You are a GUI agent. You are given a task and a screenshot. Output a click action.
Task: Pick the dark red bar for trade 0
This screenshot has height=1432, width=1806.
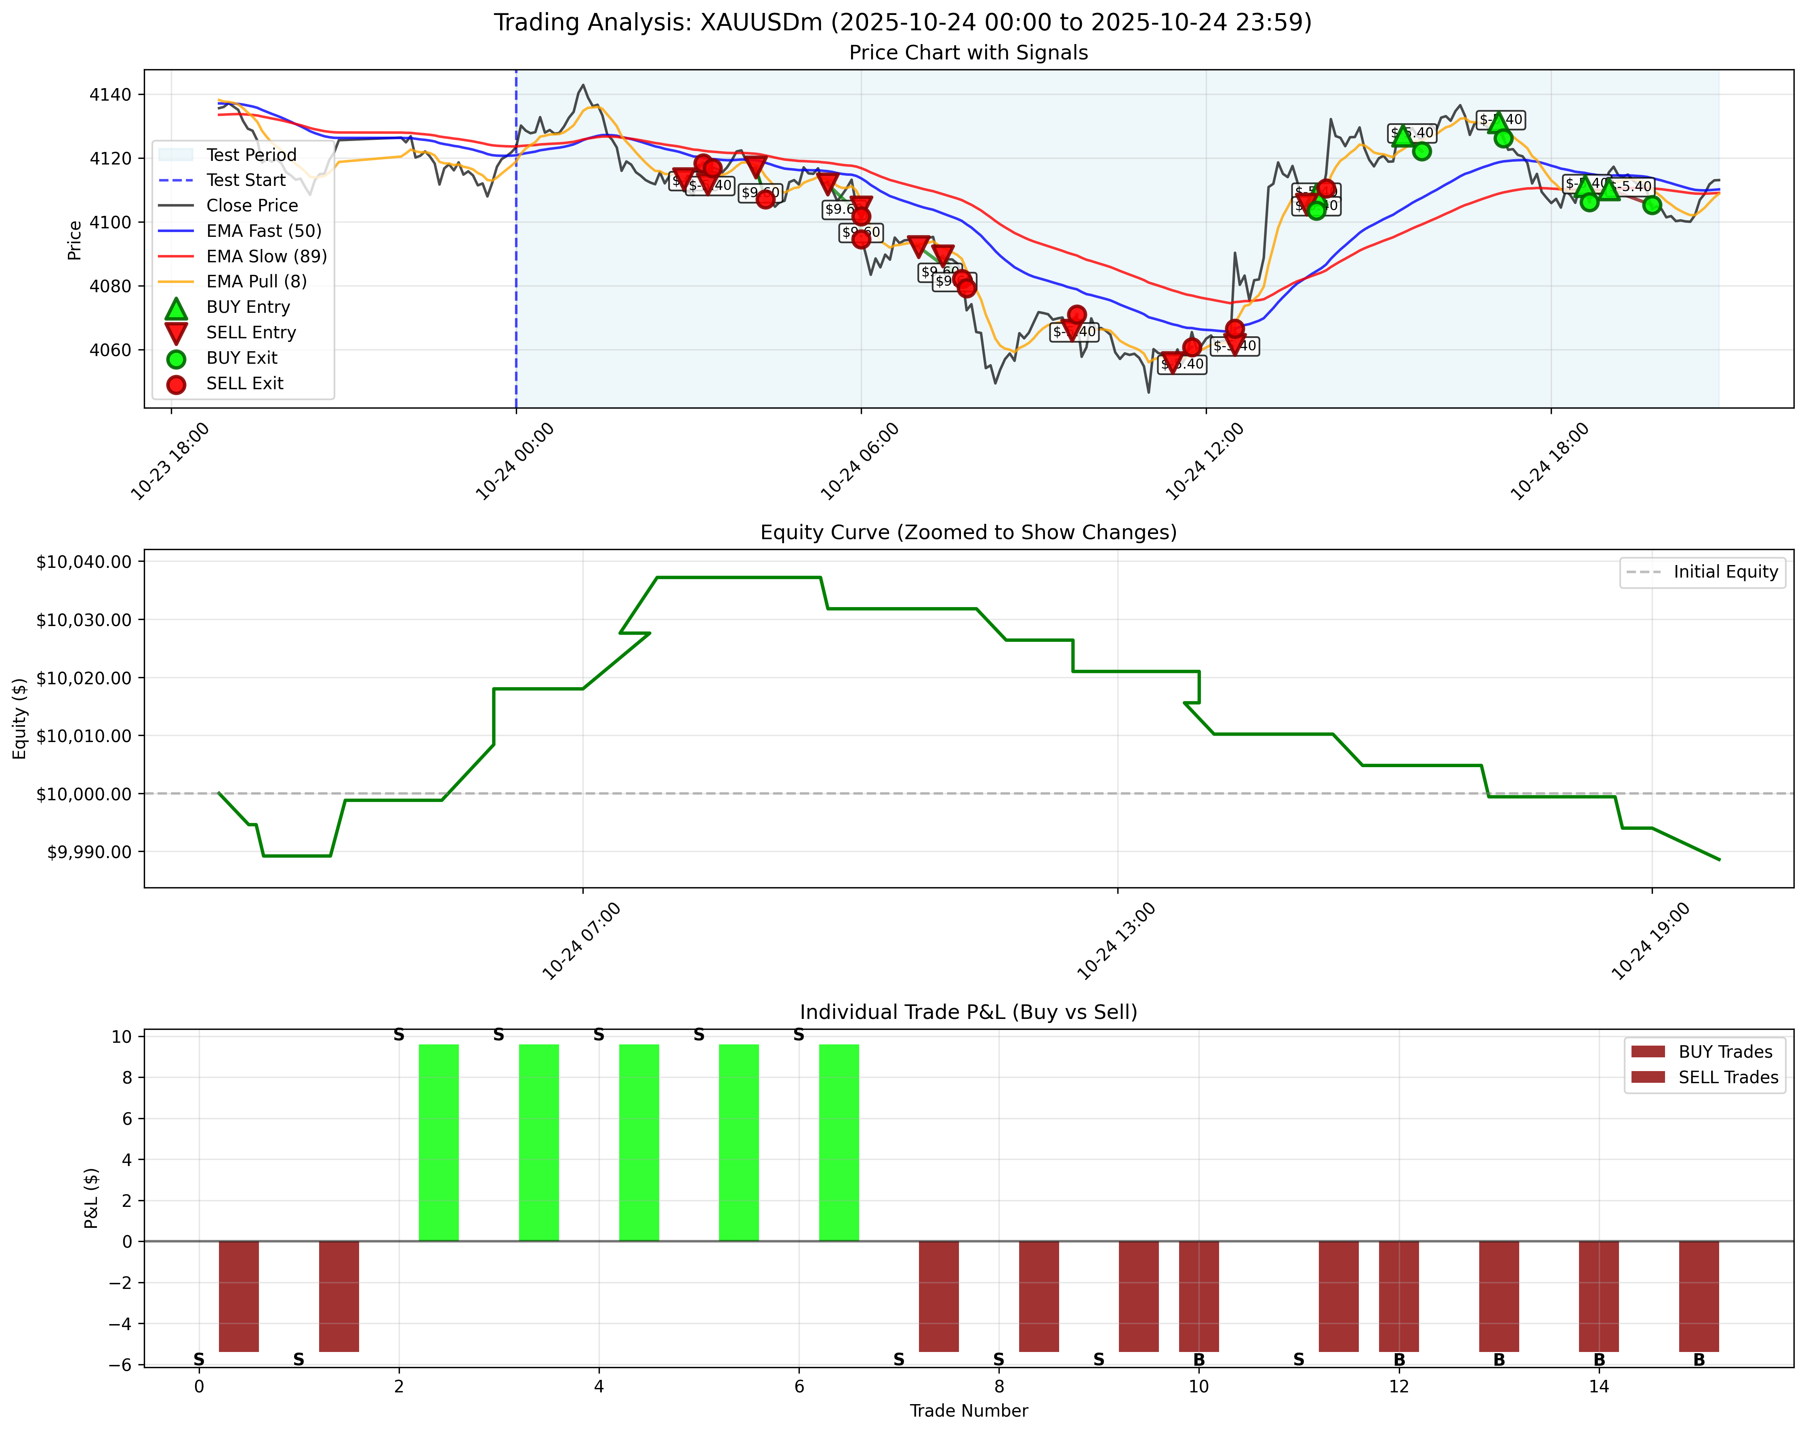pyautogui.click(x=239, y=1296)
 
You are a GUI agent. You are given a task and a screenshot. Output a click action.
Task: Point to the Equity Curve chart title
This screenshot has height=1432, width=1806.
pyautogui.click(x=968, y=533)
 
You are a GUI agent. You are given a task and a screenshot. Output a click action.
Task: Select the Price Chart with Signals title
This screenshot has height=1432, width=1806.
pyautogui.click(x=968, y=53)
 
